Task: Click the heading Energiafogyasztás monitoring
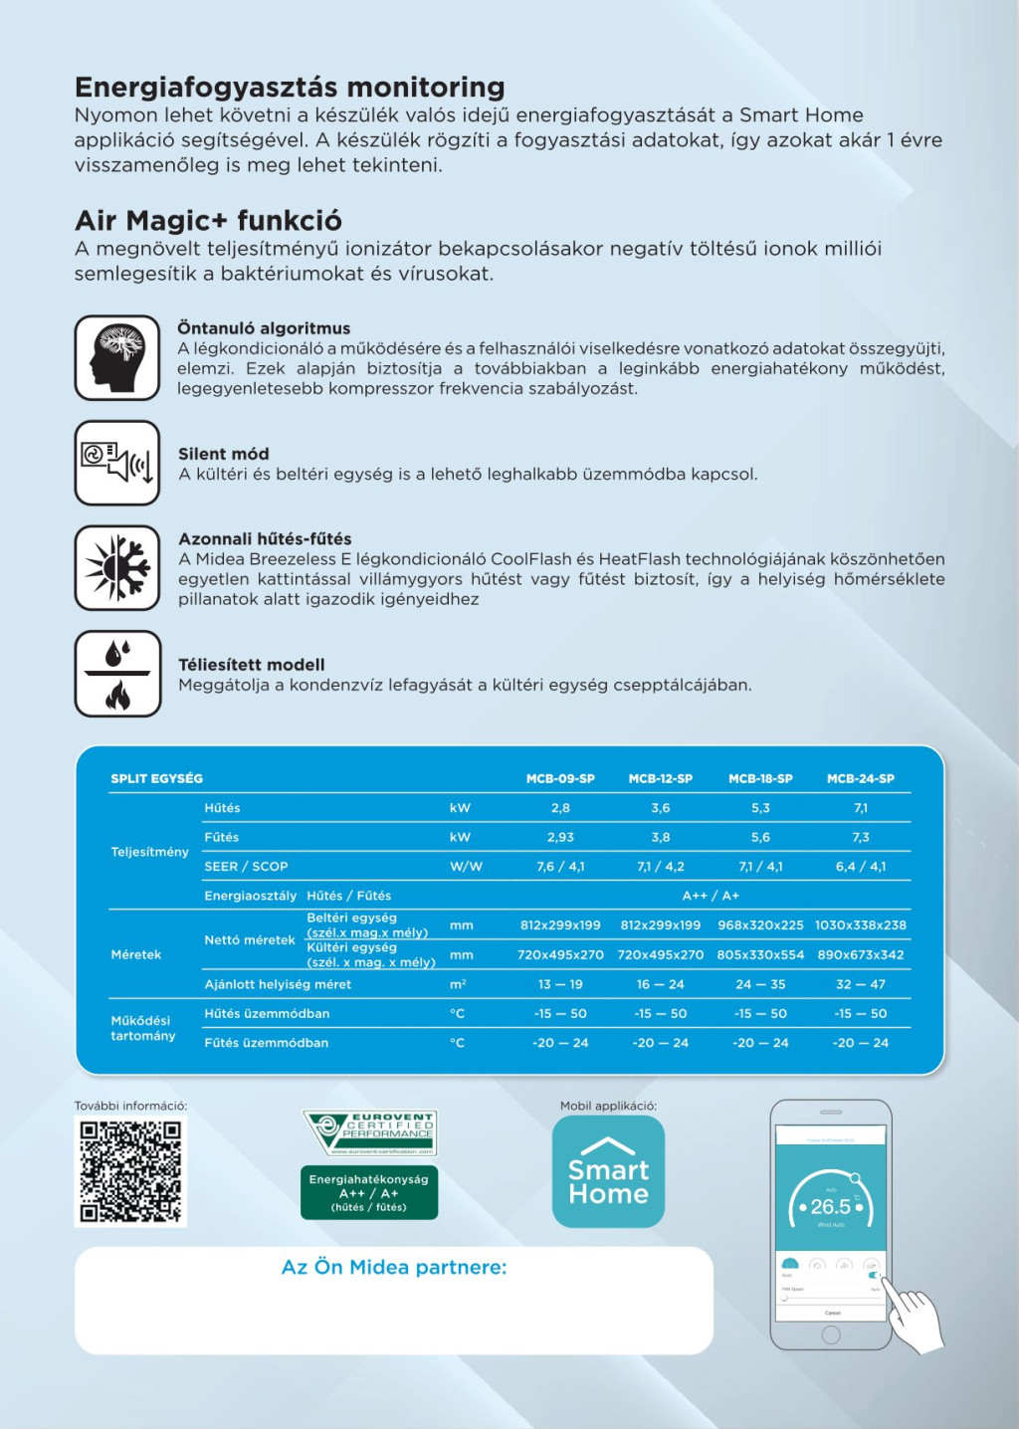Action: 290,88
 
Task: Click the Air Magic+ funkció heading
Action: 208,220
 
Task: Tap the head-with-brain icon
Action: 117,357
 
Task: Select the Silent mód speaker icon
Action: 117,463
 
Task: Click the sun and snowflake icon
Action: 117,568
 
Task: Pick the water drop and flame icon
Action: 117,674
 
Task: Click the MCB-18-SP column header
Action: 760,779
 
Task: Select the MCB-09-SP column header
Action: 560,779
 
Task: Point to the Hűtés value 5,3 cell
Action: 760,808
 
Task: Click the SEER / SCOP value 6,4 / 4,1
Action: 861,867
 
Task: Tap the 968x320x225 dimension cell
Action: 760,925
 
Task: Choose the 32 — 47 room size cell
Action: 861,984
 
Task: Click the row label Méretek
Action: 136,954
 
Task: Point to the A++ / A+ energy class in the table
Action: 711,896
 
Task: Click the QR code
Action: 130,1171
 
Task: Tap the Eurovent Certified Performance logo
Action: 370,1133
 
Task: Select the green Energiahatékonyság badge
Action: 369,1192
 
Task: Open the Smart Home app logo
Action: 608,1171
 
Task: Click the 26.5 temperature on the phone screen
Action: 831,1206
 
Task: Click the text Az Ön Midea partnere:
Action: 394,1268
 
